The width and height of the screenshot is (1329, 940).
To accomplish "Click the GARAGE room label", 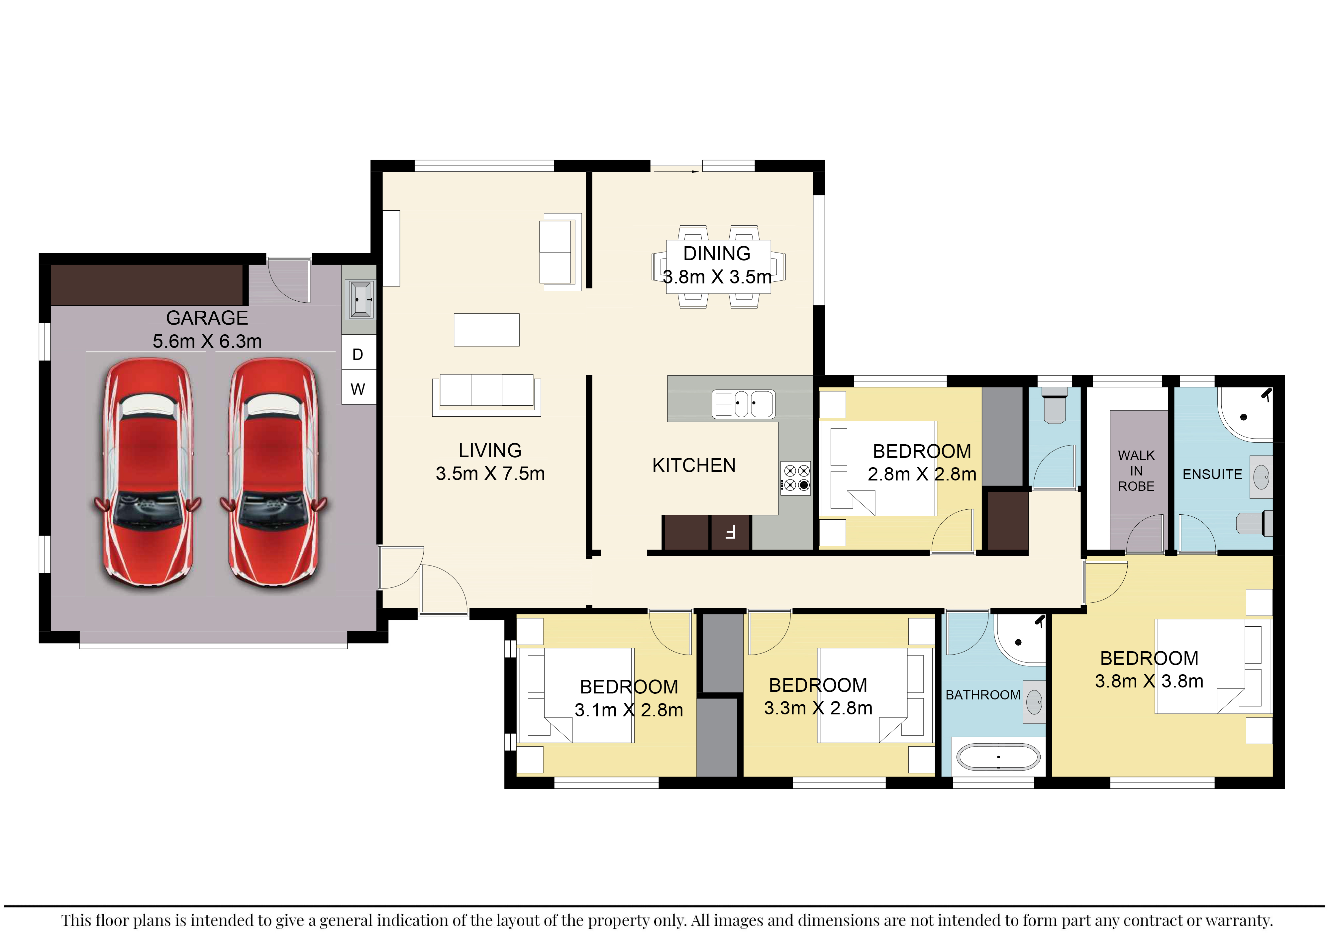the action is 207,318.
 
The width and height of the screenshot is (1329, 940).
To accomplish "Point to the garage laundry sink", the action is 360,299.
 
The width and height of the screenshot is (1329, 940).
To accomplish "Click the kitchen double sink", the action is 743,403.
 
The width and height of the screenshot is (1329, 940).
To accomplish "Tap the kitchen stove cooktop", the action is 796,477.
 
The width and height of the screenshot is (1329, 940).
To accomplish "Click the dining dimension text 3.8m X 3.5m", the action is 717,277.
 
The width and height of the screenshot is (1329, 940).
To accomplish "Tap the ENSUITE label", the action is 1212,474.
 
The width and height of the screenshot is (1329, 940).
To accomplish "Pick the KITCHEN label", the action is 694,466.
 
